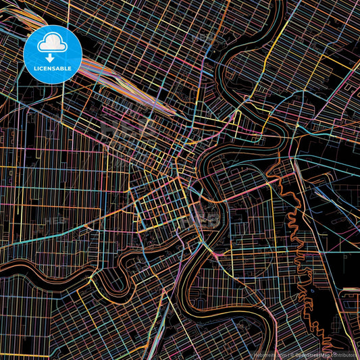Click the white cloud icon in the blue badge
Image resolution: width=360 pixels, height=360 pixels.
[x=52, y=44]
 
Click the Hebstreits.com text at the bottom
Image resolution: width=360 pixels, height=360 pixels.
[x=270, y=354]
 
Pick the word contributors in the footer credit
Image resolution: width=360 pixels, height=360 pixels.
[x=345, y=354]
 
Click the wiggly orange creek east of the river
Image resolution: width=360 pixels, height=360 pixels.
[x=294, y=223]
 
